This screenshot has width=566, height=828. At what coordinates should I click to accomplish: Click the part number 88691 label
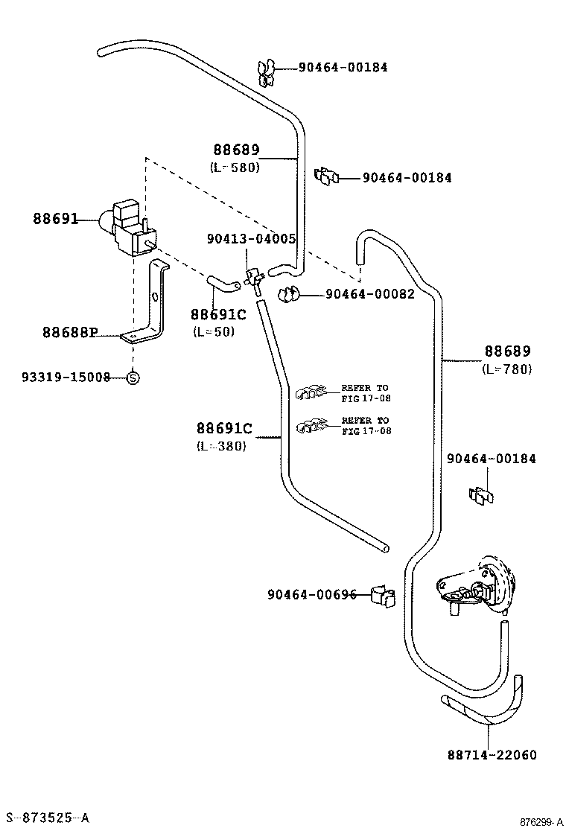coord(55,219)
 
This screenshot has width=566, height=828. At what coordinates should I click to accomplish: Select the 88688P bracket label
coord(70,332)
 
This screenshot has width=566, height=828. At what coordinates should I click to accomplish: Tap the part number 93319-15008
coord(66,378)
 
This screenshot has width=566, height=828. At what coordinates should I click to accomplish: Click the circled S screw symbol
coord(133,378)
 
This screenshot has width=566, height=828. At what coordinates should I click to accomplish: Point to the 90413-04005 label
coord(251,239)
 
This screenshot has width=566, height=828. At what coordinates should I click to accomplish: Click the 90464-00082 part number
coord(369,294)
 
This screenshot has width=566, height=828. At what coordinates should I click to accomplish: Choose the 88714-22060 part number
coord(492,755)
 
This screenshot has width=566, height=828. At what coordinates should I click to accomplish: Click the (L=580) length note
coord(235,168)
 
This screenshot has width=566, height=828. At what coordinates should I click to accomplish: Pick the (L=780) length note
coord(507,369)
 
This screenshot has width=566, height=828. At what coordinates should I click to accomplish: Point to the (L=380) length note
coord(221,446)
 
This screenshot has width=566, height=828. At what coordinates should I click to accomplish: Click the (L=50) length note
coord(213,331)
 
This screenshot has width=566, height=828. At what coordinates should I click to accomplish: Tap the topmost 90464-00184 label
coord(343,67)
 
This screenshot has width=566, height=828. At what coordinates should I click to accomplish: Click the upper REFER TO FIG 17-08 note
coord(365,393)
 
